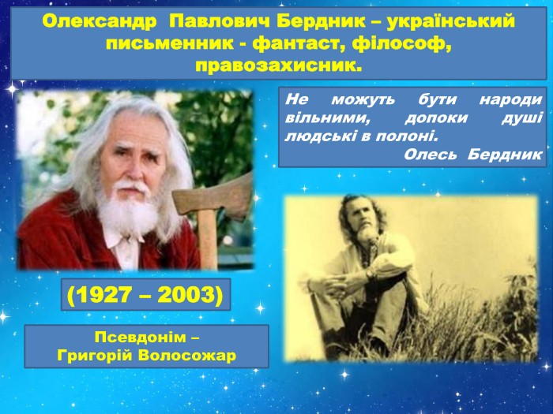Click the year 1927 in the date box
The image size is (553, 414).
(x=106, y=295)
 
